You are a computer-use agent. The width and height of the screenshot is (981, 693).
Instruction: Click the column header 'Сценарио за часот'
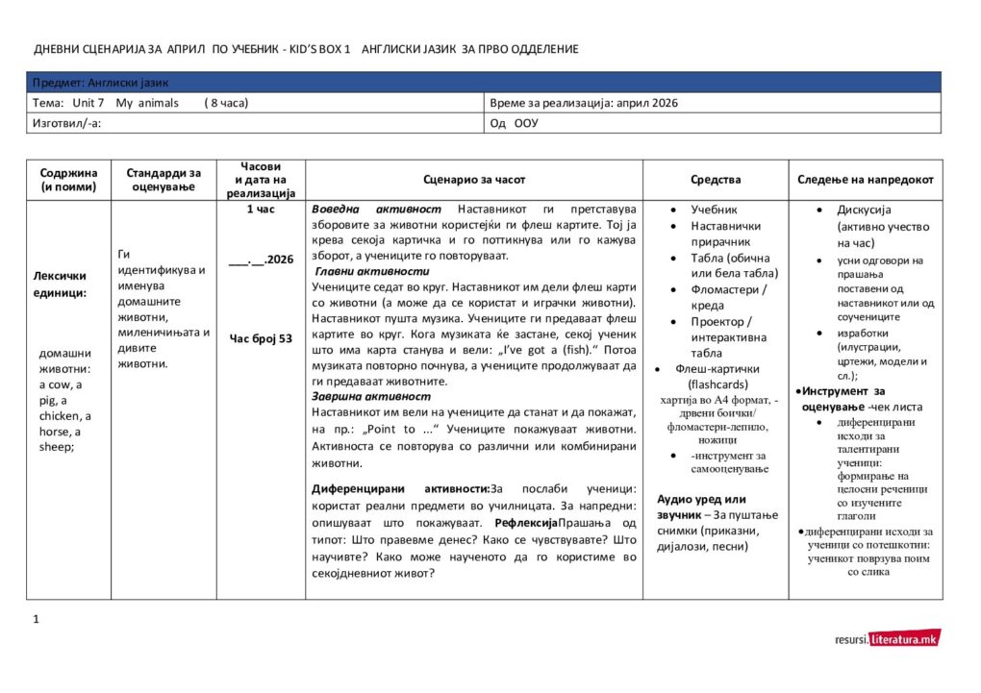pos(474,180)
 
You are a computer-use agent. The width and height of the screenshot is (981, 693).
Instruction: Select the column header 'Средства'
pos(716,180)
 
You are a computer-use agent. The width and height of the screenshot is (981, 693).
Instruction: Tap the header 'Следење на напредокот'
pos(866,180)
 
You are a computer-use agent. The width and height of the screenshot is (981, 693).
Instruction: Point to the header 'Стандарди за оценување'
pos(163,180)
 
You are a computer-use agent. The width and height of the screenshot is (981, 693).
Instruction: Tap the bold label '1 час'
pos(261,209)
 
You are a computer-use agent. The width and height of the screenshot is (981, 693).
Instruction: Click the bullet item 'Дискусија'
pos(865,210)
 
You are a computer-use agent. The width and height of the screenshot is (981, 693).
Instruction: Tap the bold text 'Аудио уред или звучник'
pos(701,507)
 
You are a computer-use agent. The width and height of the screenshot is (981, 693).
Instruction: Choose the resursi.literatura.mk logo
pos(888,638)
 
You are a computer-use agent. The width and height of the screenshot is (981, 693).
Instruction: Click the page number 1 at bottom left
pos(37,618)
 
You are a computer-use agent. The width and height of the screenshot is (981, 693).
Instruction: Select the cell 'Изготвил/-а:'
pos(67,123)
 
